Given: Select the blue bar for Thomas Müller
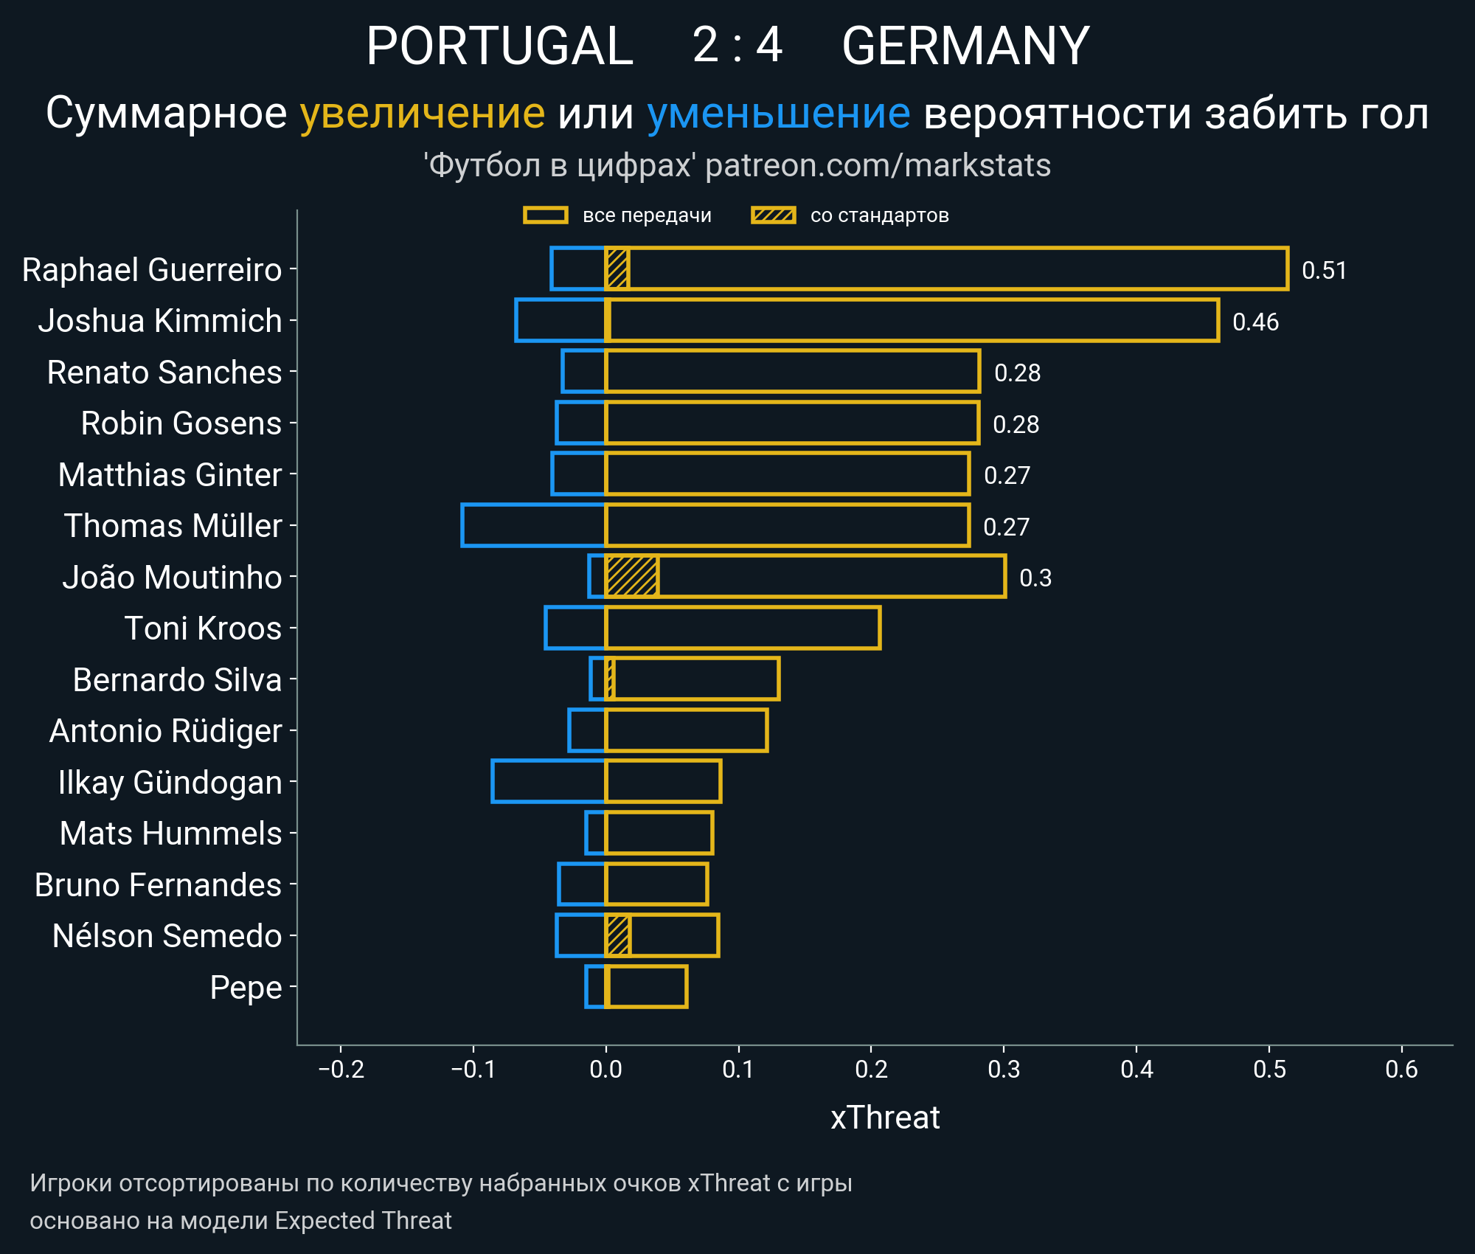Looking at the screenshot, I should (533, 525).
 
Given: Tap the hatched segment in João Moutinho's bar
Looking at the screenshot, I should (632, 576).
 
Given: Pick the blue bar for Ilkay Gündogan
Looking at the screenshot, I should (548, 781).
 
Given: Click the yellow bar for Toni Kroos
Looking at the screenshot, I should (743, 628).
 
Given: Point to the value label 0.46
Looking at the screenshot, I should (1255, 322).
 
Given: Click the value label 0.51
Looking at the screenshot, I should (1324, 270).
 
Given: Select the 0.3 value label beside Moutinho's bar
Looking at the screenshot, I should (1035, 578).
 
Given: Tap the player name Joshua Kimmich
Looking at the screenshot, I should (160, 321).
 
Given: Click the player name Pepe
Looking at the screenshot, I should (246, 987).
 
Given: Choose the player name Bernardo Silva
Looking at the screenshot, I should (177, 679).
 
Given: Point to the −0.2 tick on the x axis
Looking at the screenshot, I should (341, 1069).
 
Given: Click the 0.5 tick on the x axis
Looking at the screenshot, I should (1269, 1069).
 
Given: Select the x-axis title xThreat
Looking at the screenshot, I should (885, 1118).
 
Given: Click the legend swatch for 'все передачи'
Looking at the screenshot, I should (545, 215).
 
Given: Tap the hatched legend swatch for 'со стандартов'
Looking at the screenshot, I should (773, 215).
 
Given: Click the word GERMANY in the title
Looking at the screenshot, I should (965, 46).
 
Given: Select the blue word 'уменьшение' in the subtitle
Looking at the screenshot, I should (778, 114).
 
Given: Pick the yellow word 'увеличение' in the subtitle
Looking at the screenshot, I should (422, 114).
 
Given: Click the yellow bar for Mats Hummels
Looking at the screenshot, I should (659, 833).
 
